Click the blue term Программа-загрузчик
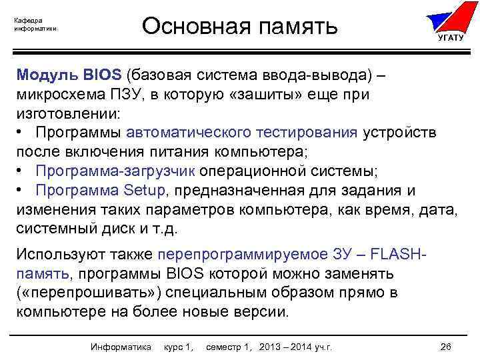point(115,171)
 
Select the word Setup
point(148,191)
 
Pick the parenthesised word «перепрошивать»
point(88,293)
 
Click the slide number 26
point(446,347)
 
